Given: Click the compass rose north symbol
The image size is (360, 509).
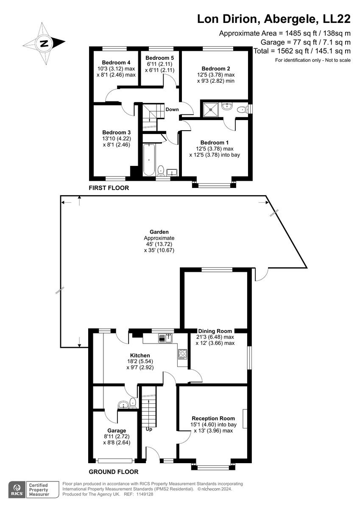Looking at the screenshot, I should click(x=44, y=43).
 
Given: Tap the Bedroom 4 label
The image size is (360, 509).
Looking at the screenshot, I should click(x=114, y=63).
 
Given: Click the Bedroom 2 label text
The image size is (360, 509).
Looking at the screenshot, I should click(x=216, y=68).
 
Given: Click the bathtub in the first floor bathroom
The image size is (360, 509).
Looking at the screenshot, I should click(x=149, y=160).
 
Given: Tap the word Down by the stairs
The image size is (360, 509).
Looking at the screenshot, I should click(x=172, y=109).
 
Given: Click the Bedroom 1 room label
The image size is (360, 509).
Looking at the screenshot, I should click(x=214, y=143).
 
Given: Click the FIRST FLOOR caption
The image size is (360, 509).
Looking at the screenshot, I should click(x=108, y=187).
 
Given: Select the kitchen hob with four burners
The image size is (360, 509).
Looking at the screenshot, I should click(x=183, y=354).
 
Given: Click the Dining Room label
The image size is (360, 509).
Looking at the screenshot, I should click(x=215, y=331).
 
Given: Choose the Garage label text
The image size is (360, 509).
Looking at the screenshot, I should click(x=117, y=431).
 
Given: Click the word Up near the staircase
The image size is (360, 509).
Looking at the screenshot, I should click(x=149, y=429).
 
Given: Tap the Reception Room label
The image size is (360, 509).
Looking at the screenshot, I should click(x=213, y=418).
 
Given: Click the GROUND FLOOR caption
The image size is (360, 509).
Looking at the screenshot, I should click(x=113, y=472).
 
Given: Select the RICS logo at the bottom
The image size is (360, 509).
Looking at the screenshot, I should click(x=17, y=489).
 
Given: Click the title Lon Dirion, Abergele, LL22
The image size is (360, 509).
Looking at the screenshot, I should click(x=274, y=19).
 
